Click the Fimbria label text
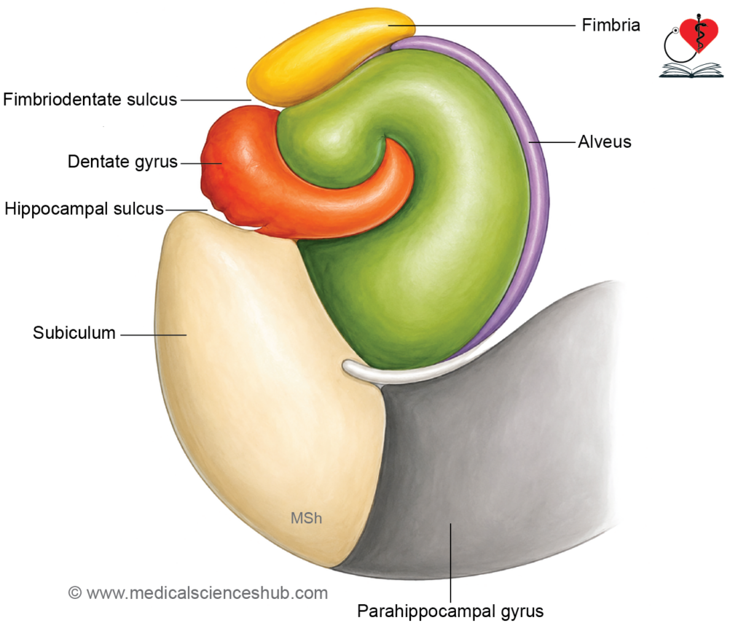click(x=611, y=26)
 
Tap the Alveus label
click(x=605, y=142)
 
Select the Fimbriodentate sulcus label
click(x=90, y=99)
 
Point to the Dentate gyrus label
click(x=122, y=162)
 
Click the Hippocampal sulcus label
click(x=85, y=209)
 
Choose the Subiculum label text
click(x=74, y=333)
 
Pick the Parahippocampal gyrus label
click(x=450, y=611)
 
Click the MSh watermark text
click(x=307, y=518)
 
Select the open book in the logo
click(x=691, y=71)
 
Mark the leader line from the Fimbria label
click(x=482, y=26)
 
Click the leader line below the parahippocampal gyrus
click(x=450, y=563)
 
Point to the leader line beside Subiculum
click(x=153, y=335)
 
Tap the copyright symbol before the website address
click(x=75, y=593)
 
